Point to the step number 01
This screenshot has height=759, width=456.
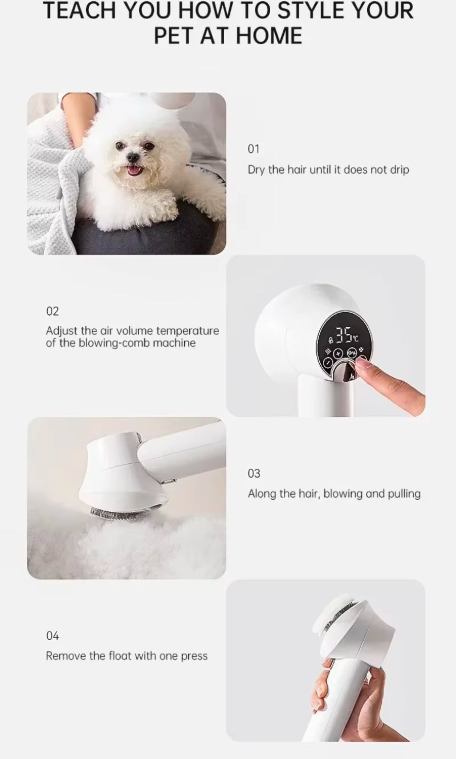coord(253,149)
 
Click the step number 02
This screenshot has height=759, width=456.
coord(52,311)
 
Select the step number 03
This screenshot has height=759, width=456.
coord(254,473)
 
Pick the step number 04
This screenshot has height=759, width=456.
coord(52,635)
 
